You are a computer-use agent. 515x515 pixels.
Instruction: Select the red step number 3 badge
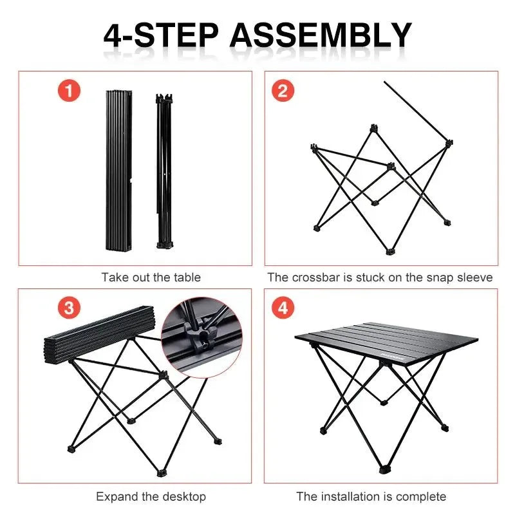pyautogui.click(x=69, y=308)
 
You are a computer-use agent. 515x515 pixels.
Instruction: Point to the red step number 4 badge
pyautogui.click(x=282, y=308)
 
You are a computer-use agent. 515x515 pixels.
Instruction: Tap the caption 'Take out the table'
pyautogui.click(x=151, y=277)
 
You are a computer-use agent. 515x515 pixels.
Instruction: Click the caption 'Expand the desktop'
pyautogui.click(x=151, y=496)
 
